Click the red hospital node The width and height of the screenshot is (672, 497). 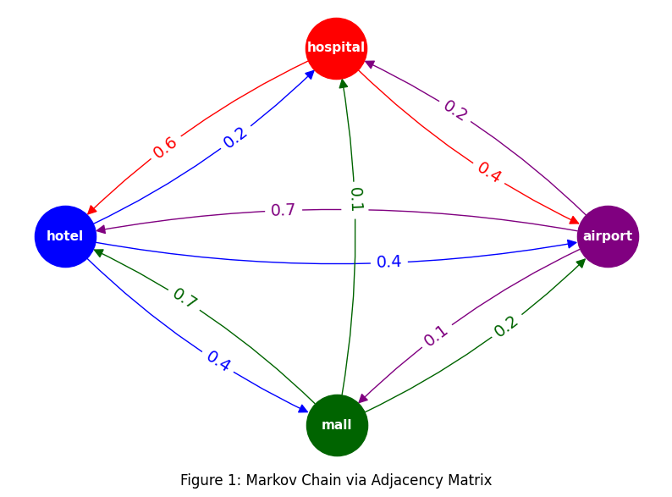pos(336,48)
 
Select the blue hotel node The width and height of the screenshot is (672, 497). pos(65,236)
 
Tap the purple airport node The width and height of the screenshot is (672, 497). pos(607,236)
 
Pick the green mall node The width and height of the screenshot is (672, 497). pos(336,425)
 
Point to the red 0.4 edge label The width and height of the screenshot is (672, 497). pos(489,171)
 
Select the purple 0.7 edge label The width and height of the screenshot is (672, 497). pos(283,210)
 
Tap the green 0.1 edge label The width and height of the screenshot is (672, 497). pos(356,198)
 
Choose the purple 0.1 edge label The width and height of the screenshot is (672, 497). pos(435,336)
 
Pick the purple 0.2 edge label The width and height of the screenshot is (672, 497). pos(455,111)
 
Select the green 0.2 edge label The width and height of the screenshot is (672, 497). pos(506,326)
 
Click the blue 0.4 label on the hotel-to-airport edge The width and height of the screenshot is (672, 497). pos(388,262)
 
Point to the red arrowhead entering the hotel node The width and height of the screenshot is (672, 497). pos(91,209)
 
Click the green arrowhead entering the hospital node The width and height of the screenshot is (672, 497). pos(341,85)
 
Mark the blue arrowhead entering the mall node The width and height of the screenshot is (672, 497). pos(303,410)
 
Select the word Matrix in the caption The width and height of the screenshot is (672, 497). pos(470,480)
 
